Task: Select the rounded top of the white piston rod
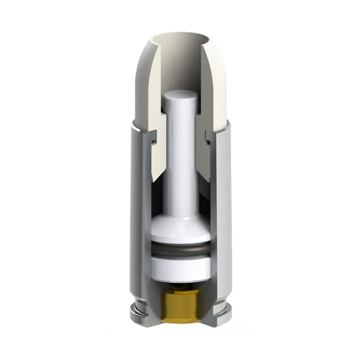click(180, 96)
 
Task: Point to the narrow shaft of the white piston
click(180, 162)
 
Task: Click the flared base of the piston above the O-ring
click(180, 232)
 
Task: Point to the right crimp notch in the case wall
click(208, 139)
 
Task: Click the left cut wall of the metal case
click(147, 216)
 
